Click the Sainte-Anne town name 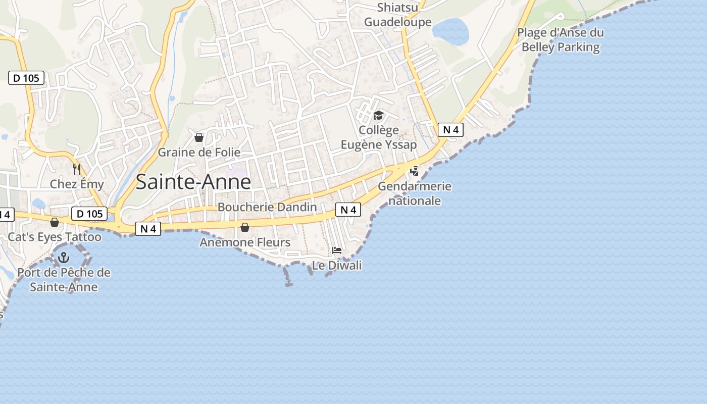coord(193,182)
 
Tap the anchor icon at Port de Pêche coord(64,258)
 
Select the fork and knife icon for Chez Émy coord(77,169)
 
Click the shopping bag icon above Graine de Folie coord(199,137)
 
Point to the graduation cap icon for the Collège coord(378,116)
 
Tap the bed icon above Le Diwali coord(337,250)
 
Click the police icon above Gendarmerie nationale coord(414,171)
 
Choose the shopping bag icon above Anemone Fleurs coord(245,227)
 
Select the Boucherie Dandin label coord(267,207)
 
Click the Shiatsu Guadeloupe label coord(398,15)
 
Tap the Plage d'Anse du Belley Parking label coord(561,40)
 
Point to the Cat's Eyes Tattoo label coord(55,237)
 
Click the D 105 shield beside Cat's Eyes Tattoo coord(90,214)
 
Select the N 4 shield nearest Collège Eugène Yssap coord(450,130)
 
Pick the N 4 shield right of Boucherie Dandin coord(348,210)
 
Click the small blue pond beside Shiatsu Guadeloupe coord(450,31)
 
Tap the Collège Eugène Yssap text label coord(379,138)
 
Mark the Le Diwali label coord(337,265)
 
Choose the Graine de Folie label coord(199,152)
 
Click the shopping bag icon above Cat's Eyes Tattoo coord(55,222)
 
